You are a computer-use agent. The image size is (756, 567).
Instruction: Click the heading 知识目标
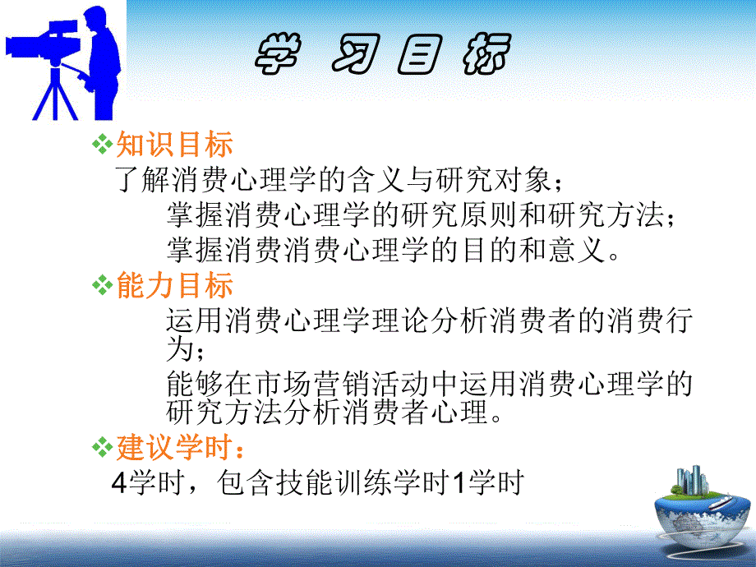point(174,145)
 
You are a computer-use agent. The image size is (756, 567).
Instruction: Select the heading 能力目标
point(174,285)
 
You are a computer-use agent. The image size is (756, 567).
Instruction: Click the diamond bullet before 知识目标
point(101,145)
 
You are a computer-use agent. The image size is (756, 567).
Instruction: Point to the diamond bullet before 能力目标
point(101,285)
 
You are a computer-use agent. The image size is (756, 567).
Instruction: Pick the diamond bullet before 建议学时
point(101,449)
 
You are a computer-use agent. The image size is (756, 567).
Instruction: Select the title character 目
point(420,57)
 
